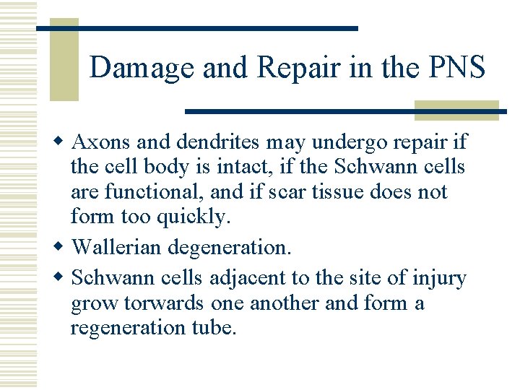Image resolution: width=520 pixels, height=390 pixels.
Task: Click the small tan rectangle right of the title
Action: [x=456, y=110]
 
